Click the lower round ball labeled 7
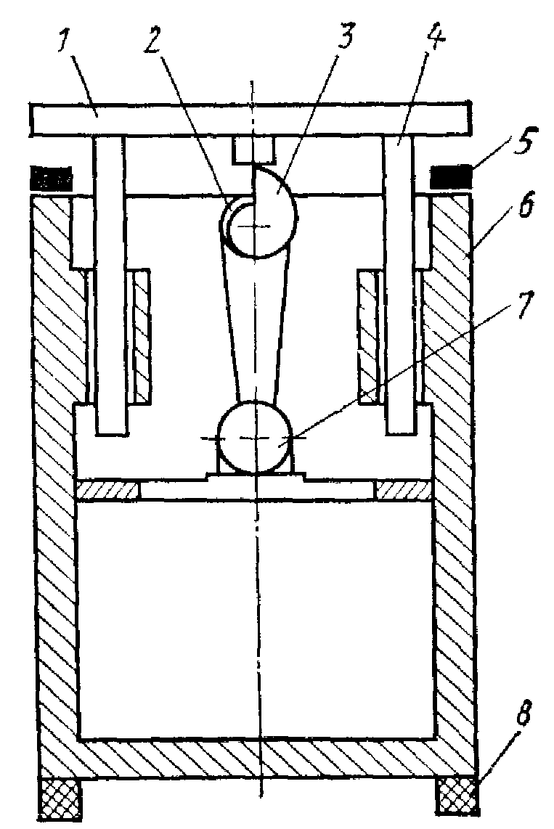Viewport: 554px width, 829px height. pos(253,438)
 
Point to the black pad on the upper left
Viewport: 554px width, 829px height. pos(51,176)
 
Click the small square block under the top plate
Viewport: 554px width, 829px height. pos(253,150)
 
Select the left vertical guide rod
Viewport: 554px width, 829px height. pos(108,290)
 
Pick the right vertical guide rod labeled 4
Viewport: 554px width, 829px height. pos(400,290)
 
